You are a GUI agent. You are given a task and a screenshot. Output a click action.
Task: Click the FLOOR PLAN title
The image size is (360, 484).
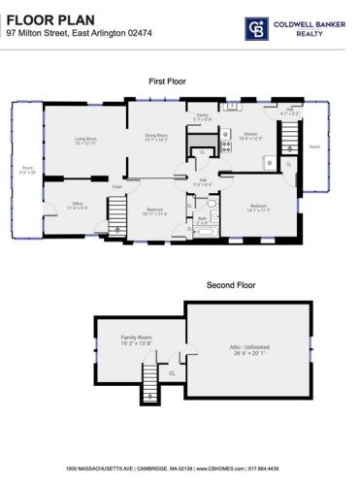pyautogui.click(x=46, y=15)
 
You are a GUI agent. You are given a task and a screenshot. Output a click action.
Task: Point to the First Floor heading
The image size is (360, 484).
pyautogui.click(x=169, y=82)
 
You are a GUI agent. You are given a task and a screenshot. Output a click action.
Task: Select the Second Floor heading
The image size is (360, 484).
pyautogui.click(x=231, y=285)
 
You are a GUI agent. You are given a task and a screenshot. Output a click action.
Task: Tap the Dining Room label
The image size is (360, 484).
pyautogui.click(x=156, y=137)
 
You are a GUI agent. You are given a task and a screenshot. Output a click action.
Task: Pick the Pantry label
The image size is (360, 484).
pyautogui.click(x=204, y=116)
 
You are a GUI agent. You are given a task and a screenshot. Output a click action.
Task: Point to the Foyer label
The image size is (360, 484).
pyautogui.click(x=116, y=185)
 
